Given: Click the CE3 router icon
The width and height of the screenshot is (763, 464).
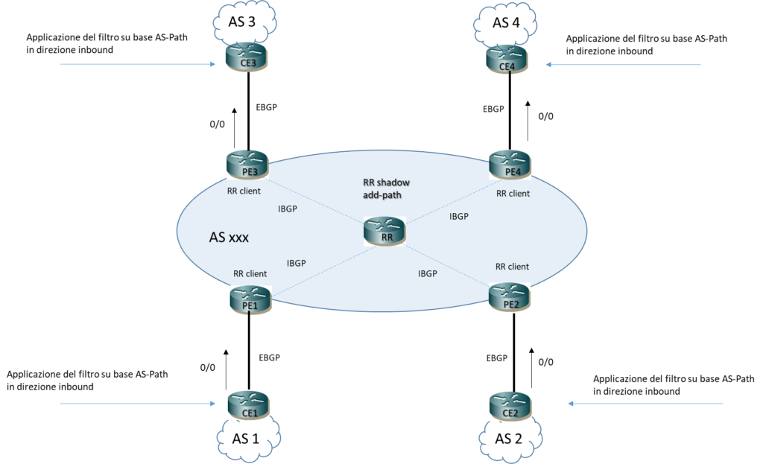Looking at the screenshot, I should (247, 57).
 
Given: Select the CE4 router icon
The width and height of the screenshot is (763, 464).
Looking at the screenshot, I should (507, 59).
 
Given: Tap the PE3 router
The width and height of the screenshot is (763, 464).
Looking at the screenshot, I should (247, 165).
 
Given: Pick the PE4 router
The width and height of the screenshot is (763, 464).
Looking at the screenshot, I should (510, 165).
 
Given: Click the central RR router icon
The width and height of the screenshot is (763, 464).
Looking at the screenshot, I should (384, 231).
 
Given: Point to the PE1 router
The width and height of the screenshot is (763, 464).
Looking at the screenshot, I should (250, 299).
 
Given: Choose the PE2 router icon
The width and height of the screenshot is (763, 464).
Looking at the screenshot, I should (510, 296).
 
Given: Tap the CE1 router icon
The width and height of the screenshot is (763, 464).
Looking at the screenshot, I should (249, 405).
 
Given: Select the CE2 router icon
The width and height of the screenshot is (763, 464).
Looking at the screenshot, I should (510, 406).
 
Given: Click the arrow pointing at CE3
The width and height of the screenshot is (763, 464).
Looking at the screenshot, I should (137, 64).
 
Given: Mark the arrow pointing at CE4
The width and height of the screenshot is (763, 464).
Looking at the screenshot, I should (623, 65).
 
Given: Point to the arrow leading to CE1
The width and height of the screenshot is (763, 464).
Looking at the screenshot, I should (137, 404).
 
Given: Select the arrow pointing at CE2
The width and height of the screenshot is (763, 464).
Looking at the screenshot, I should (645, 404).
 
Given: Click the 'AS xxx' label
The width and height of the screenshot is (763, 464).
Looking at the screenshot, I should (229, 238).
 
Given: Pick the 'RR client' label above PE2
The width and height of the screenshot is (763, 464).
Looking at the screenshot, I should (512, 266).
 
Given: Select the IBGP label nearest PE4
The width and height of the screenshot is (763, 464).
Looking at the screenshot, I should (459, 217).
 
